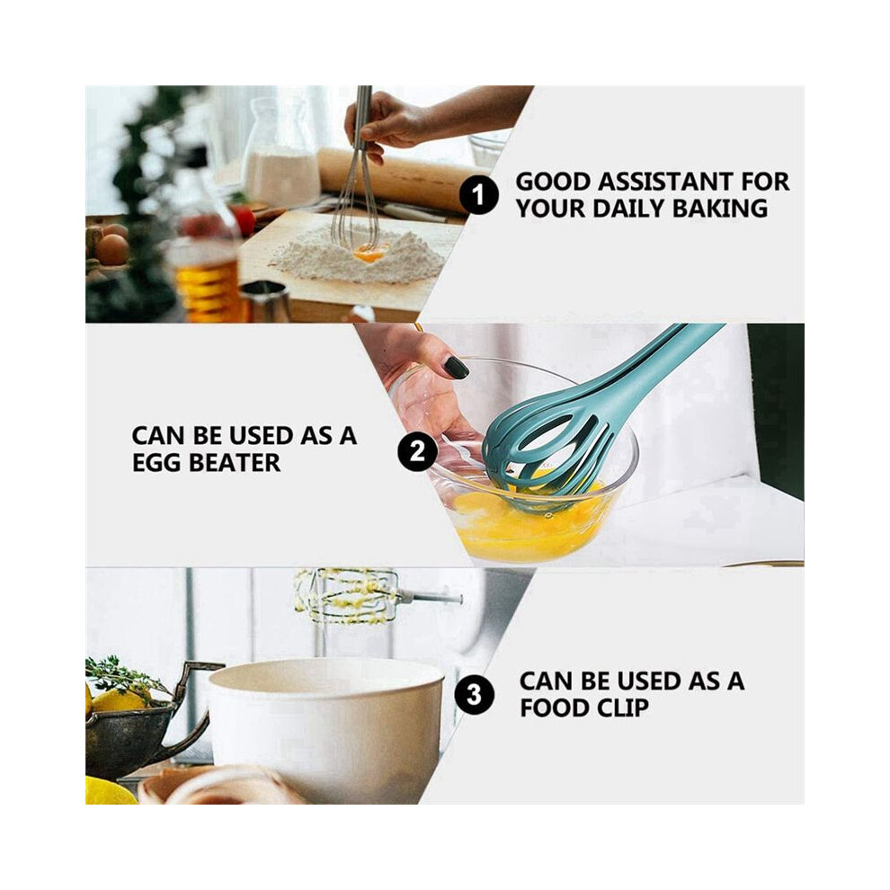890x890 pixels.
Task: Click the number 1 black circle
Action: point(479,195)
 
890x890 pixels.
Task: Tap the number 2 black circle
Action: point(417,452)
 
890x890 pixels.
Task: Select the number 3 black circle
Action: point(475,695)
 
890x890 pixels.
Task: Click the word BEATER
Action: point(235,463)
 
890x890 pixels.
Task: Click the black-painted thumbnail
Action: point(457,368)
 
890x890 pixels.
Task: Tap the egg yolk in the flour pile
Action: point(369,254)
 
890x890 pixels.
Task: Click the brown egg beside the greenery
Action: point(112,249)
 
